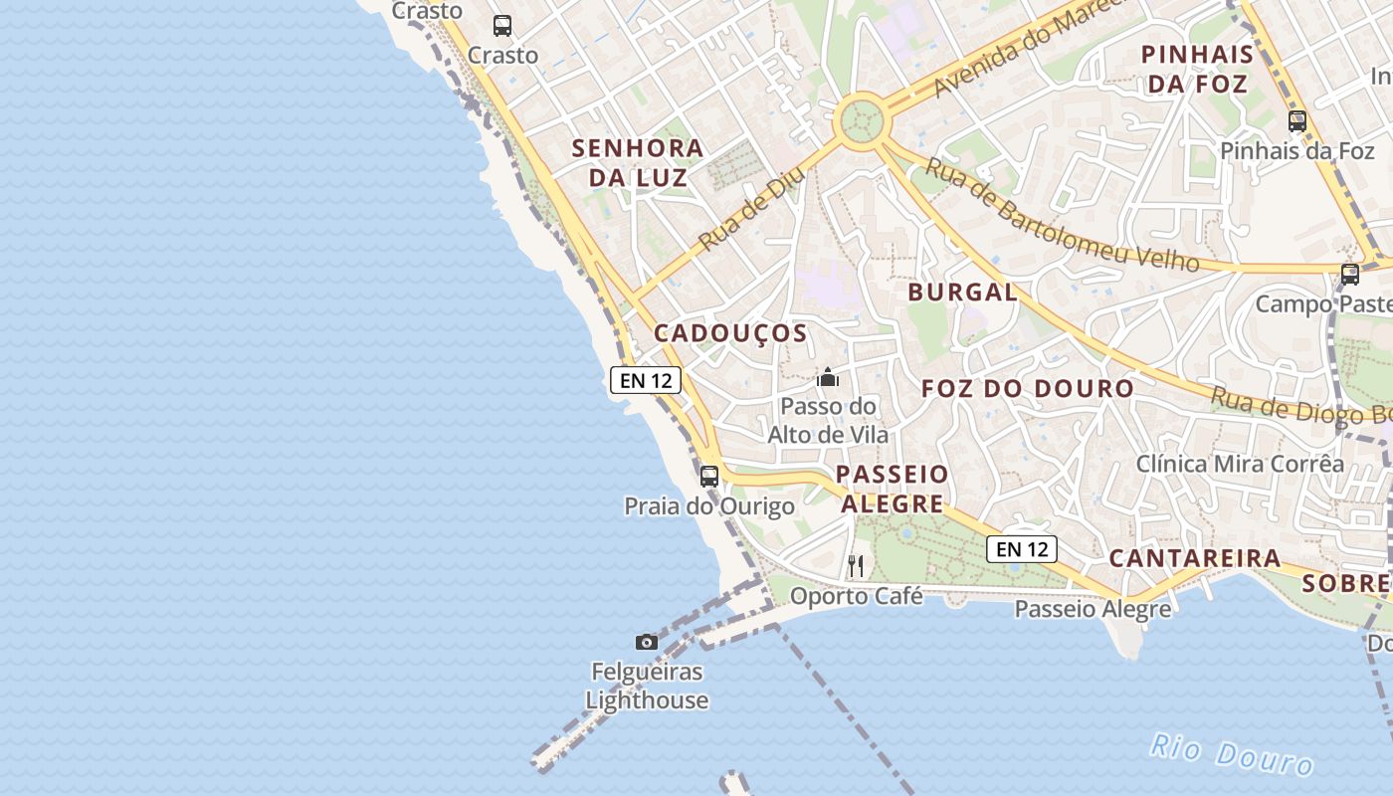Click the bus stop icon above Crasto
[502, 26]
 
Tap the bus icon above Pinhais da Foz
[1297, 121]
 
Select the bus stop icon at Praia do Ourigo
[709, 476]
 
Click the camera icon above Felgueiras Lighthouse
[647, 642]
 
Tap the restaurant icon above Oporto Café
[856, 566]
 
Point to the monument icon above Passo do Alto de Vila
[828, 378]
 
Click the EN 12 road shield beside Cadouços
[646, 379]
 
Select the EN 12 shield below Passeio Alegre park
[1022, 548]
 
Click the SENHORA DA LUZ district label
[638, 163]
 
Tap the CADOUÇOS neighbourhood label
[730, 333]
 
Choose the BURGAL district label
[962, 293]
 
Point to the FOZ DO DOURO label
[1028, 389]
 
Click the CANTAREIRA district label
[1195, 558]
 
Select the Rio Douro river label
[1232, 753]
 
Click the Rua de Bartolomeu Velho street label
[1061, 214]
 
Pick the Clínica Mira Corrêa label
[1240, 464]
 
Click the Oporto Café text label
[857, 596]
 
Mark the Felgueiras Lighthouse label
[647, 686]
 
